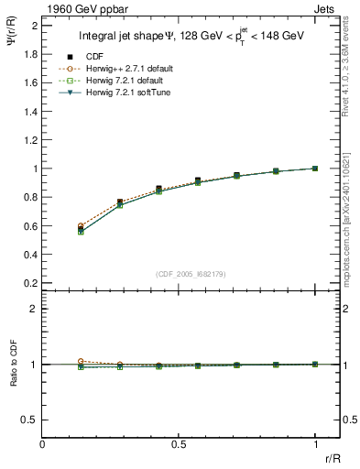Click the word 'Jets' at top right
pos(326,7)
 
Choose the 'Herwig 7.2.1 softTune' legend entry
pos(120,93)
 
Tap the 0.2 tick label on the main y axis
pos(30,283)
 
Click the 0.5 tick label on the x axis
pos(179,444)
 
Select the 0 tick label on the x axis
pos(43,444)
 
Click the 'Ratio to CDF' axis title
pos(13,377)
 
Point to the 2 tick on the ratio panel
pos(33,309)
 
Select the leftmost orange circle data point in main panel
pos(82,225)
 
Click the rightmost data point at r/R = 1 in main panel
pos(316,169)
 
